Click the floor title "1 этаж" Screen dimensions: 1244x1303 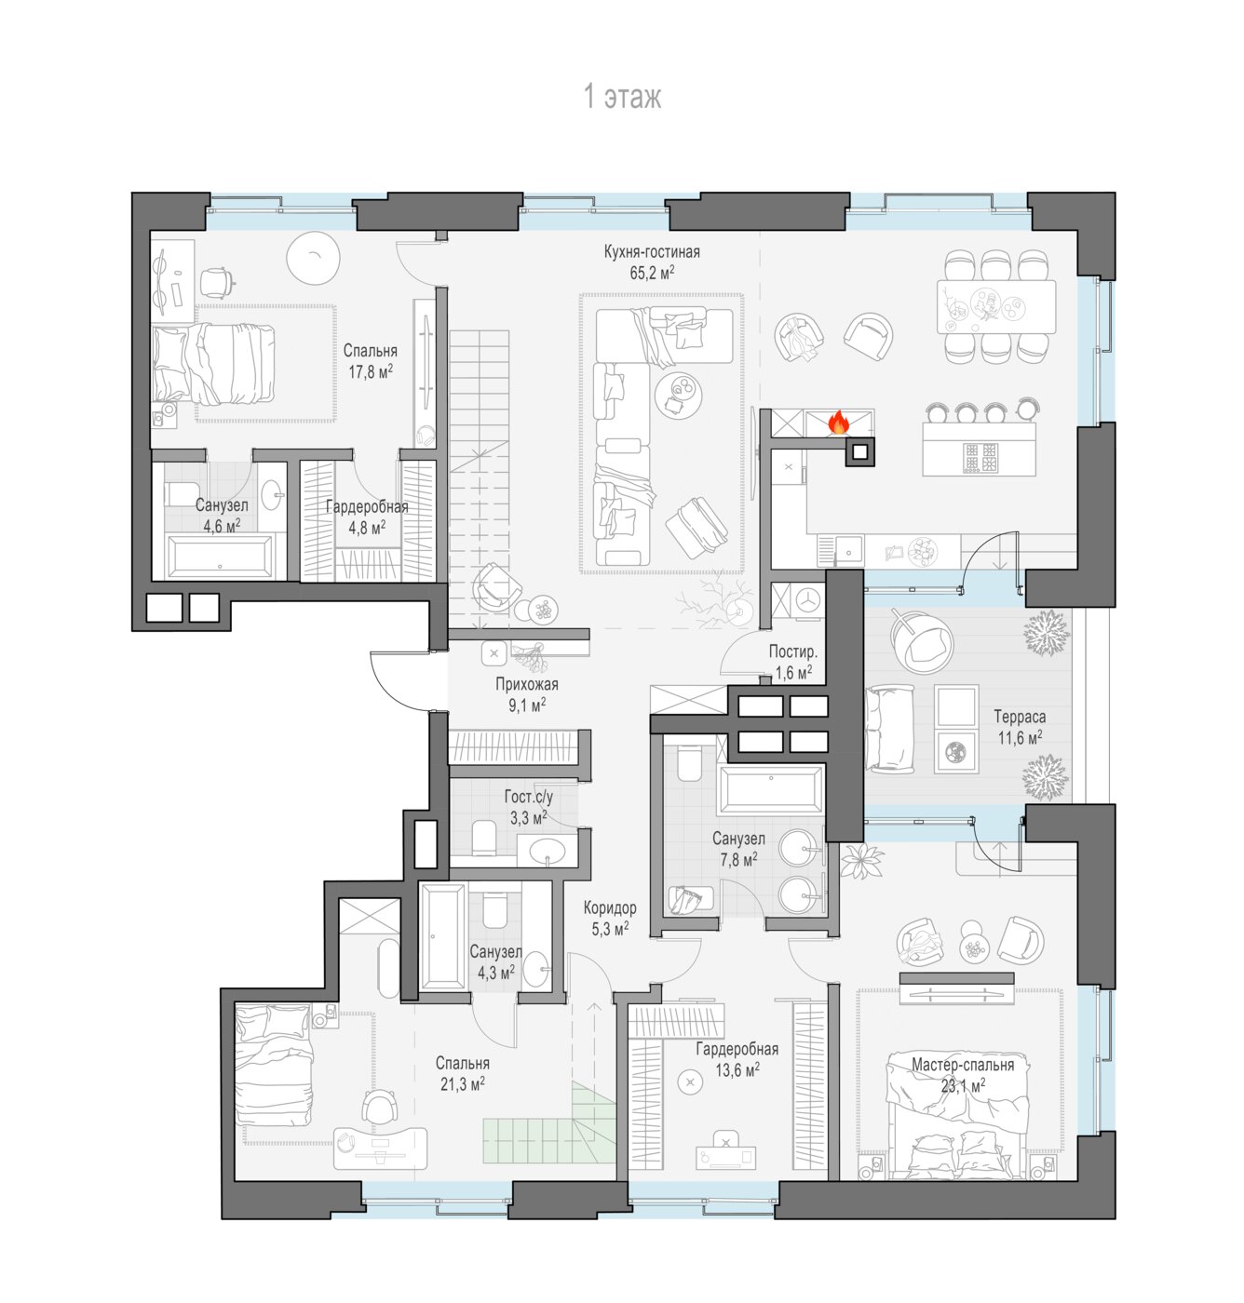tap(622, 97)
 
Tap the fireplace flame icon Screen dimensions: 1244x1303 tap(839, 422)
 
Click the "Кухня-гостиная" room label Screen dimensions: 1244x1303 tap(652, 252)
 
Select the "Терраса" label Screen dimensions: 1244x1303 tap(1020, 717)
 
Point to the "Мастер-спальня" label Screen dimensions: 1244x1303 tap(963, 1065)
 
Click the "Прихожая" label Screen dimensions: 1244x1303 tap(527, 684)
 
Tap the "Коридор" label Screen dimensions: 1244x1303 tap(610, 907)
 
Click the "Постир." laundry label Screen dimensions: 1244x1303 tap(793, 651)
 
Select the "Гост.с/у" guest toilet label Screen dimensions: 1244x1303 tap(529, 796)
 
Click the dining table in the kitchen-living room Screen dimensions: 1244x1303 tap(996, 307)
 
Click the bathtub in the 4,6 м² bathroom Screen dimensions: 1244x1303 tap(220, 557)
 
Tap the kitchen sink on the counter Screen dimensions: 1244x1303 tap(847, 550)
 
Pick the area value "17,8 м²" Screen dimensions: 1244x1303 tap(371, 371)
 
